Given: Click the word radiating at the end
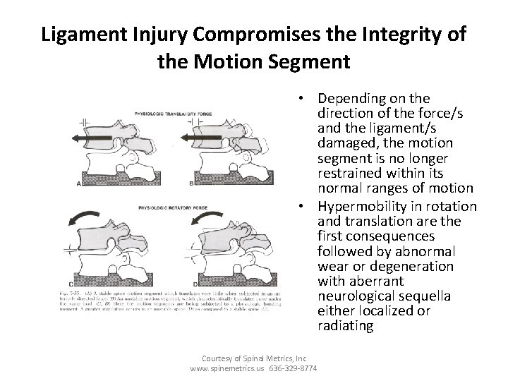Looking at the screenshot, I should point(346,327).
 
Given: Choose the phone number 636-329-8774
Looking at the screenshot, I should point(291,369).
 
